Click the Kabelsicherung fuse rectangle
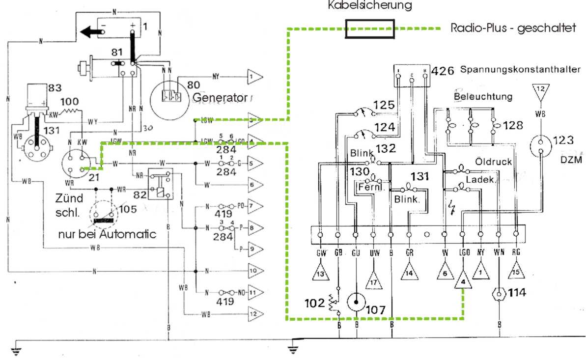tap(370, 29)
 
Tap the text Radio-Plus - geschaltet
tap(513, 28)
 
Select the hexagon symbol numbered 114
tap(499, 294)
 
